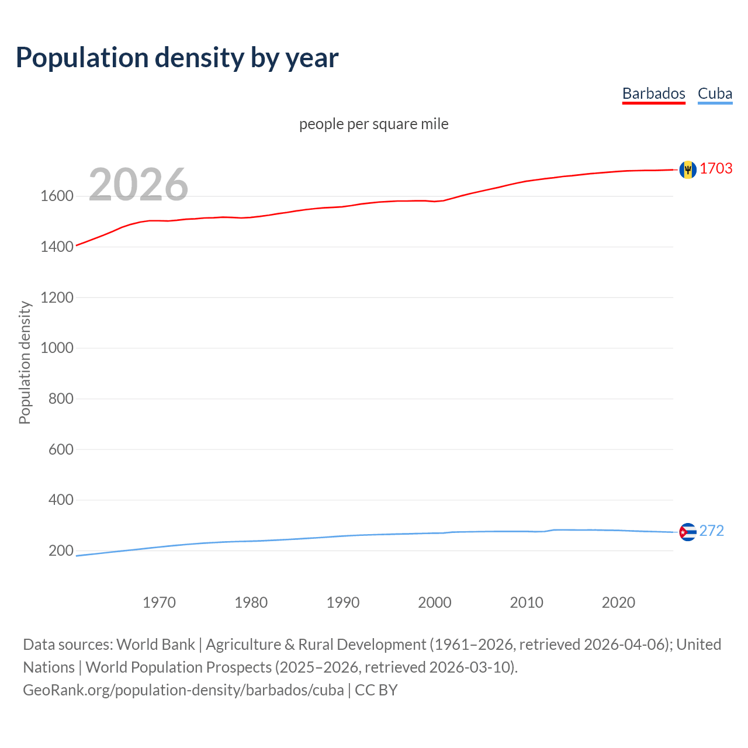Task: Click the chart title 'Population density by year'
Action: pyautogui.click(x=177, y=57)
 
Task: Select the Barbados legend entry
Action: pyautogui.click(x=653, y=93)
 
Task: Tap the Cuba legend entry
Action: pyautogui.click(x=715, y=93)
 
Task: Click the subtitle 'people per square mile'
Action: pyautogui.click(x=373, y=124)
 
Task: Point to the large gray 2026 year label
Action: pyautogui.click(x=138, y=185)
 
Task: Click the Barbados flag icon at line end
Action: pyautogui.click(x=688, y=169)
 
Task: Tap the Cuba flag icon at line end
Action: pyautogui.click(x=688, y=532)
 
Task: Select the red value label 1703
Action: pyautogui.click(x=716, y=168)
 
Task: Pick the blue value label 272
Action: pyautogui.click(x=711, y=531)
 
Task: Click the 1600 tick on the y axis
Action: pyautogui.click(x=57, y=196)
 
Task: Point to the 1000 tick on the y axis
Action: pyautogui.click(x=57, y=348)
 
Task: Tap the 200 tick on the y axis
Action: pyautogui.click(x=61, y=550)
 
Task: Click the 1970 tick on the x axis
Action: pyautogui.click(x=159, y=602)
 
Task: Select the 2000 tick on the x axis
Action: pyautogui.click(x=435, y=602)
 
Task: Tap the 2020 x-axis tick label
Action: pyautogui.click(x=618, y=602)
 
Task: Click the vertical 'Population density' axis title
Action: pyautogui.click(x=25, y=362)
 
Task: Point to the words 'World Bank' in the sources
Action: pyautogui.click(x=155, y=645)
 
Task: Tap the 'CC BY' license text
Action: pyautogui.click(x=376, y=690)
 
